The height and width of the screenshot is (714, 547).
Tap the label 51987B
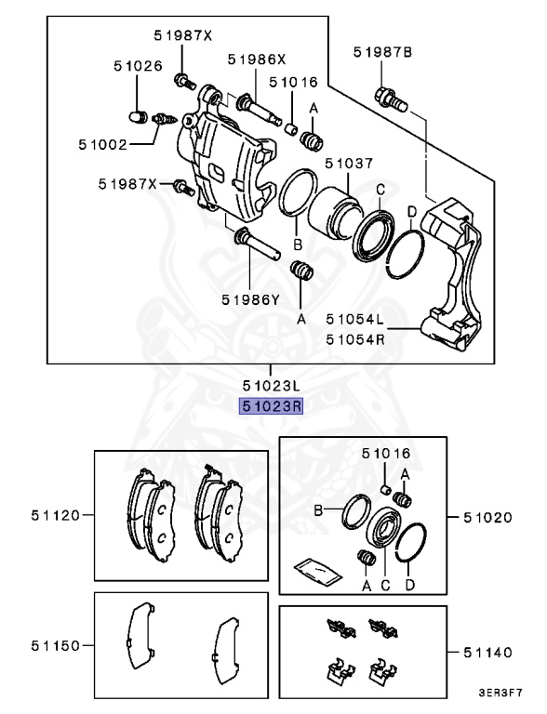point(382,54)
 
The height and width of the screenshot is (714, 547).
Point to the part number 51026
point(139,66)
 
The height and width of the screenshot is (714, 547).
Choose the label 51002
point(103,145)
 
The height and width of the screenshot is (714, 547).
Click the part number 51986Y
point(250,299)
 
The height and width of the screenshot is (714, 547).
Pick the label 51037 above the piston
point(349,164)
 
